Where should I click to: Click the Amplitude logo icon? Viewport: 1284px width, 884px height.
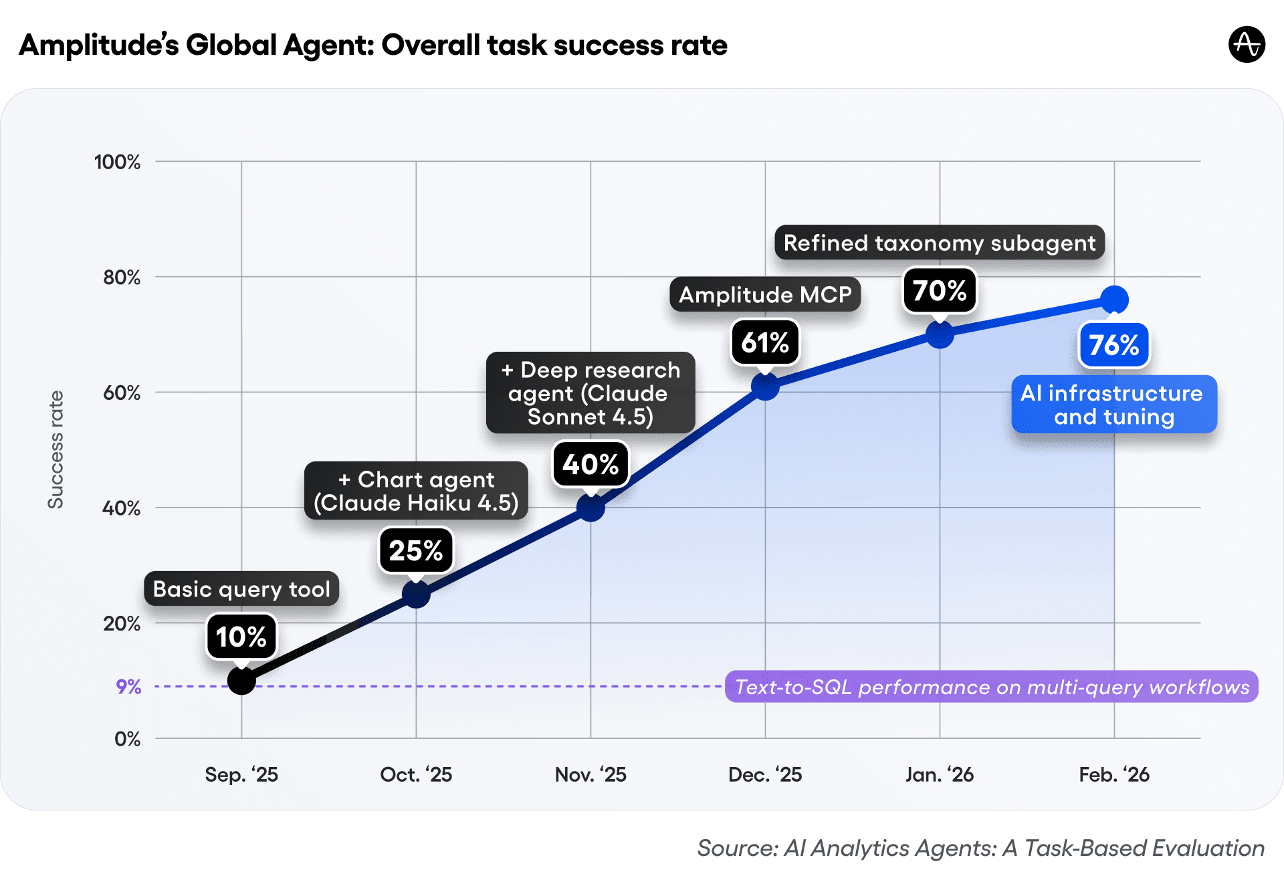click(1247, 45)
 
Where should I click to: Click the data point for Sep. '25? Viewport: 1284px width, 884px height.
click(241, 681)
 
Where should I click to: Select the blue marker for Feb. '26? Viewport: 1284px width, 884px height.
click(1114, 300)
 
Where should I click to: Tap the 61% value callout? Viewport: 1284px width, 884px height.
click(765, 343)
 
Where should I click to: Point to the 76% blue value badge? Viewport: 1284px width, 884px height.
click(1113, 345)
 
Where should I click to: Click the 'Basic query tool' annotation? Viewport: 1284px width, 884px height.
click(241, 589)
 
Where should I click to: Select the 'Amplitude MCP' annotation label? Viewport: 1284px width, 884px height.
click(765, 295)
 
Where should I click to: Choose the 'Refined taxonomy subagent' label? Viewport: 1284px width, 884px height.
click(939, 243)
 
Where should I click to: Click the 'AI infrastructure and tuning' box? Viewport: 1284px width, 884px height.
click(1113, 405)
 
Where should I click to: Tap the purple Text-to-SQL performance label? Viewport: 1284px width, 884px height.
click(991, 687)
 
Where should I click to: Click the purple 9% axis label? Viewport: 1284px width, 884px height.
click(128, 687)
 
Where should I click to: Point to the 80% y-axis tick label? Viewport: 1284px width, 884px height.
click(122, 278)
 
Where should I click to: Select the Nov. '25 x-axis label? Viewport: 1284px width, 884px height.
click(591, 774)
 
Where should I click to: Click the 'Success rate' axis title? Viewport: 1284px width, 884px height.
click(56, 450)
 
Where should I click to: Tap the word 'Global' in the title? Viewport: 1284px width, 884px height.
click(231, 45)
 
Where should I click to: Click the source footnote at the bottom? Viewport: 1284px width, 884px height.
click(980, 848)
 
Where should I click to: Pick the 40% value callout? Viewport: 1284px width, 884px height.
click(591, 464)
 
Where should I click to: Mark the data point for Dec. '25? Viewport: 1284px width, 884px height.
click(765, 386)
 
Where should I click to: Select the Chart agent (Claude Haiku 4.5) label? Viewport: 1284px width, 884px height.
click(416, 491)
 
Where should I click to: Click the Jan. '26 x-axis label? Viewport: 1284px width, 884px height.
click(939, 774)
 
